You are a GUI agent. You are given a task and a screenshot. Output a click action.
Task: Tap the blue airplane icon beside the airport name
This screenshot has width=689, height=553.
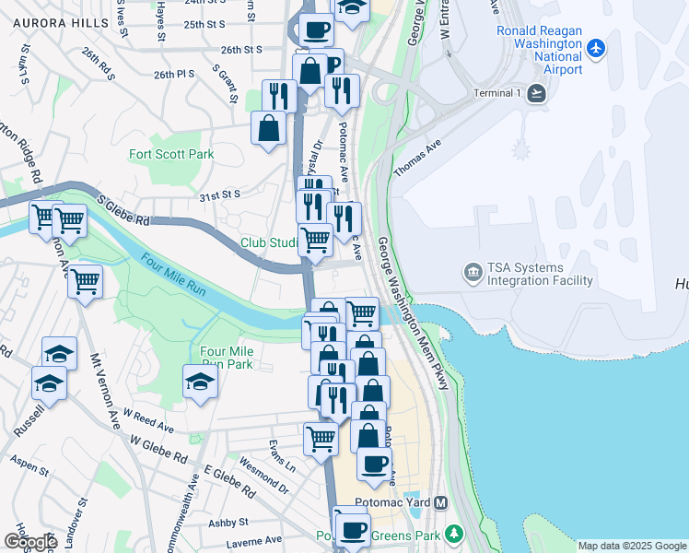[x=596, y=46]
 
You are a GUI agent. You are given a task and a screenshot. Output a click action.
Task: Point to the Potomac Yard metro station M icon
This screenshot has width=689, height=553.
[x=440, y=503]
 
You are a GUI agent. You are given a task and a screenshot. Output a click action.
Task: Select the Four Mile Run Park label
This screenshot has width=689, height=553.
[x=227, y=358]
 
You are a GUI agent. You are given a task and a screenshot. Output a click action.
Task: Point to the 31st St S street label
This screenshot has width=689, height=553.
[x=219, y=194]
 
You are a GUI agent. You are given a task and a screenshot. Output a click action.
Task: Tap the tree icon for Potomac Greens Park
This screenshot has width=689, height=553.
[x=452, y=535]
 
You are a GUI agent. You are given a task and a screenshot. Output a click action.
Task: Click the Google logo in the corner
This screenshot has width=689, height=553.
[x=29, y=542]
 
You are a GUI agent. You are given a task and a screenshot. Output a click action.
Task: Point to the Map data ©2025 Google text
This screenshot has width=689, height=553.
[x=632, y=546]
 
